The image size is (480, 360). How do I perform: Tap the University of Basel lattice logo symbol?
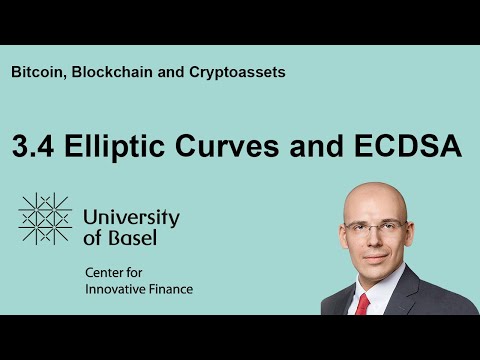point(45,219)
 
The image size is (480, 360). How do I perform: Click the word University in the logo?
point(131,216)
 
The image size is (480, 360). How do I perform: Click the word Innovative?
point(115,290)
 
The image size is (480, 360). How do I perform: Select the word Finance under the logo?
point(169,290)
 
